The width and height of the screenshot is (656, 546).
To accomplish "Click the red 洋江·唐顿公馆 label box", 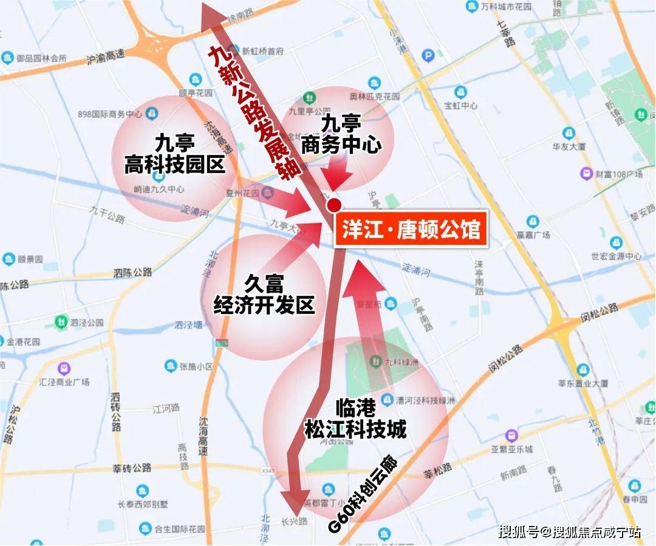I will click(x=411, y=229).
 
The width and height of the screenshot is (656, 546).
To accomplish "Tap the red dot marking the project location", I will click(x=333, y=206).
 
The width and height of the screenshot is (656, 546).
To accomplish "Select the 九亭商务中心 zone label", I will click(x=341, y=135).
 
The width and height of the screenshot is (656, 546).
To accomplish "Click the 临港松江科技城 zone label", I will click(x=355, y=420).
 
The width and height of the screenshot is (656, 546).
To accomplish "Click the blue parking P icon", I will click(x=428, y=56).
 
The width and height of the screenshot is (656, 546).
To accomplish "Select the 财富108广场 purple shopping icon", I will click(x=586, y=174).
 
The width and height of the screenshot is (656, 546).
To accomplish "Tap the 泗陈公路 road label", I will click(x=132, y=273).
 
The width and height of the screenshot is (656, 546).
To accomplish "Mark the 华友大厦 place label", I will click(x=569, y=146).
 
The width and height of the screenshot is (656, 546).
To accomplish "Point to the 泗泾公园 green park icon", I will click(x=61, y=322).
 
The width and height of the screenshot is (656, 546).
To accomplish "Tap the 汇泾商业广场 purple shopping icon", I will click(x=63, y=369).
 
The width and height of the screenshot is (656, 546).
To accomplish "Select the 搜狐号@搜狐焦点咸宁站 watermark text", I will click(x=569, y=532).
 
